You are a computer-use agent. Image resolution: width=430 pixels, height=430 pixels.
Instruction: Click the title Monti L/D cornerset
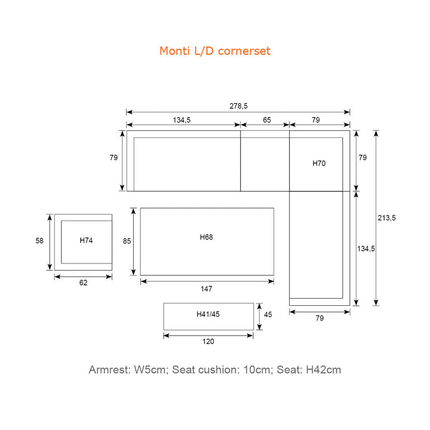215,51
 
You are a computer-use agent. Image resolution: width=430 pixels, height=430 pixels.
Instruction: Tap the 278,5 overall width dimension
238,106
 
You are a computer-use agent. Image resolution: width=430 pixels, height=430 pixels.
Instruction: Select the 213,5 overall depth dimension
386,218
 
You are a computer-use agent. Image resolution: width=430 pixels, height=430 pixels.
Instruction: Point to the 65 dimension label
267,120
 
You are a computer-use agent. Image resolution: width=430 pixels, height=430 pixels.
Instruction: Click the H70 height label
319,164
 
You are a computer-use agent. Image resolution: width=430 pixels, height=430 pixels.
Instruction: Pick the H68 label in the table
206,237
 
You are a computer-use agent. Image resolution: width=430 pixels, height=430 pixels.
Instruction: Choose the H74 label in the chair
86,241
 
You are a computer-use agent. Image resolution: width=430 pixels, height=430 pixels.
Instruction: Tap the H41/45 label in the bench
208,314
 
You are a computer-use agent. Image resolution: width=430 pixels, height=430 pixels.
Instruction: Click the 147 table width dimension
206,288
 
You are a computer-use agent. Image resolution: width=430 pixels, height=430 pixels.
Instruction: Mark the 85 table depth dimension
127,241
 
